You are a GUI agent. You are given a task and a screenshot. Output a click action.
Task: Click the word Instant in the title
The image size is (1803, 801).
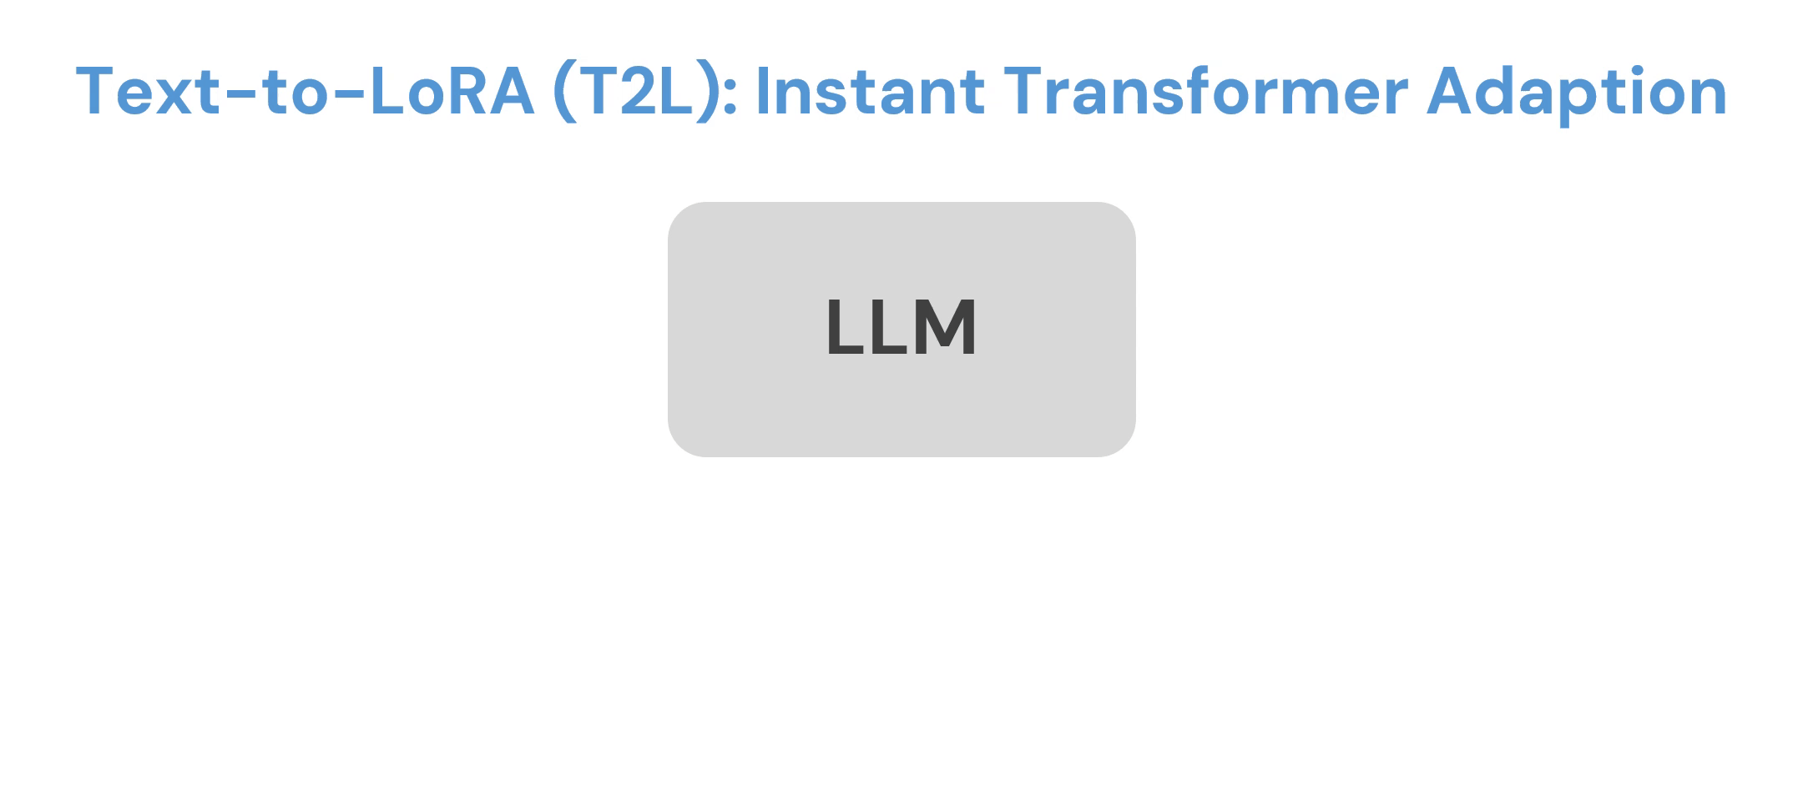click(x=869, y=91)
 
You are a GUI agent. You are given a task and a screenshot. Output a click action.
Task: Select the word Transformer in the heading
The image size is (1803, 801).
click(x=1205, y=91)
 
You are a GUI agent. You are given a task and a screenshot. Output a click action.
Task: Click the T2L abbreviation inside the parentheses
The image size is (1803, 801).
click(x=635, y=91)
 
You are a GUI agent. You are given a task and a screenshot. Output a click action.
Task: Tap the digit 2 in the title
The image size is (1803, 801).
click(x=635, y=91)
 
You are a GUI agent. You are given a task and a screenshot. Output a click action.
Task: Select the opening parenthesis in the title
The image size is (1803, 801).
click(x=564, y=93)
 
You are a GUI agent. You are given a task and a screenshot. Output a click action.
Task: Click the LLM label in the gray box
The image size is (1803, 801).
click(x=901, y=328)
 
